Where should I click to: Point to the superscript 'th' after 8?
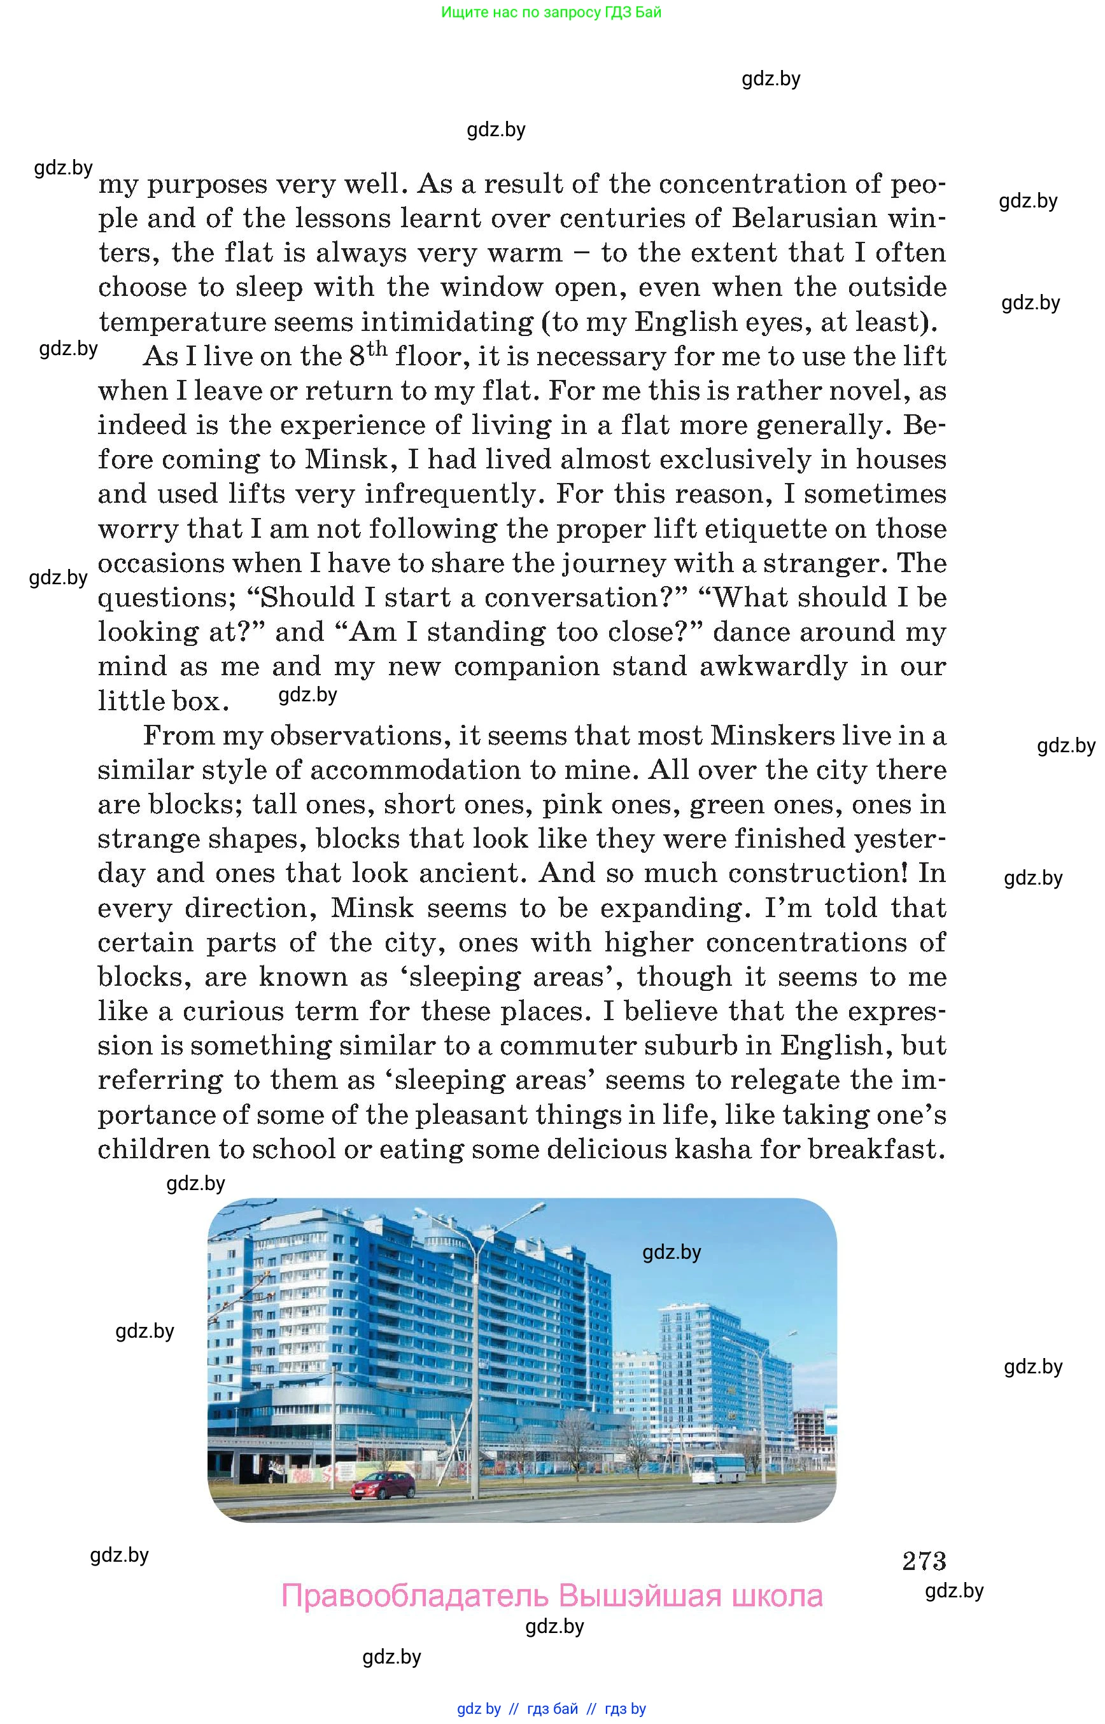377,349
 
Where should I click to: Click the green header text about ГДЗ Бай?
551,12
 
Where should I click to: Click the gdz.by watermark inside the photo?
671,1252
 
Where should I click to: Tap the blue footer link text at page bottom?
551,1709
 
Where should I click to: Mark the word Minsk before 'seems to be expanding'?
372,908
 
